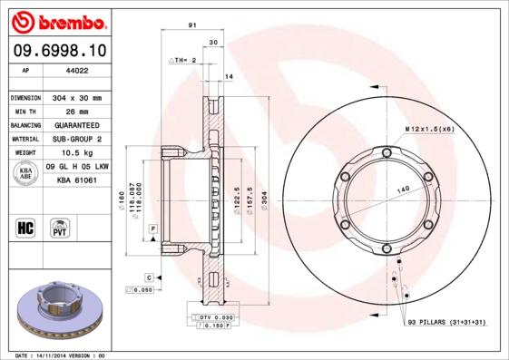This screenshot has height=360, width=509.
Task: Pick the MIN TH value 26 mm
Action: [x=73, y=111]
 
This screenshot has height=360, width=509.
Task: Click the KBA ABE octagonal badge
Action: [x=25, y=173]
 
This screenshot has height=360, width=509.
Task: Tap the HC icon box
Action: [x=25, y=226]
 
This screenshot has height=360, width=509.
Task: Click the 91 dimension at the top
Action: [x=191, y=27]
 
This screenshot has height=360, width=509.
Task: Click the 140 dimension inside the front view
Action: [x=398, y=188]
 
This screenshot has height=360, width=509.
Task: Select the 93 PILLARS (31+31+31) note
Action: [x=445, y=322]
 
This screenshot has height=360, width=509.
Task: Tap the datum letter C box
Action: [x=148, y=276]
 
